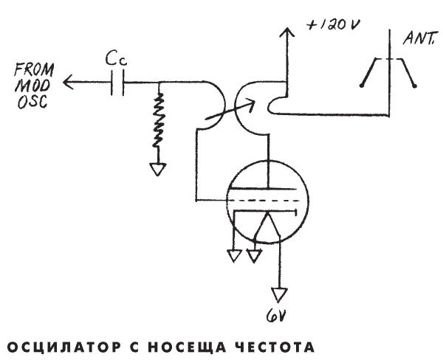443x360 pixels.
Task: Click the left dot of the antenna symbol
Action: pyautogui.click(x=362, y=86)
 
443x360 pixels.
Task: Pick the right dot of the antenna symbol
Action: pyautogui.click(x=415, y=86)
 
